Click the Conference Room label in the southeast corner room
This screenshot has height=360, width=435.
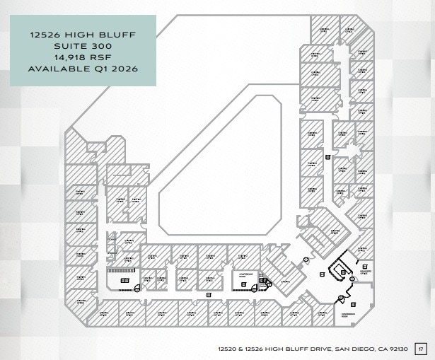(x=348, y=314)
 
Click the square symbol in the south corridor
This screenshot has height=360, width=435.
(x=207, y=294)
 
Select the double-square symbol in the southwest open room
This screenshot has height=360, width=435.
(x=124, y=281)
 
